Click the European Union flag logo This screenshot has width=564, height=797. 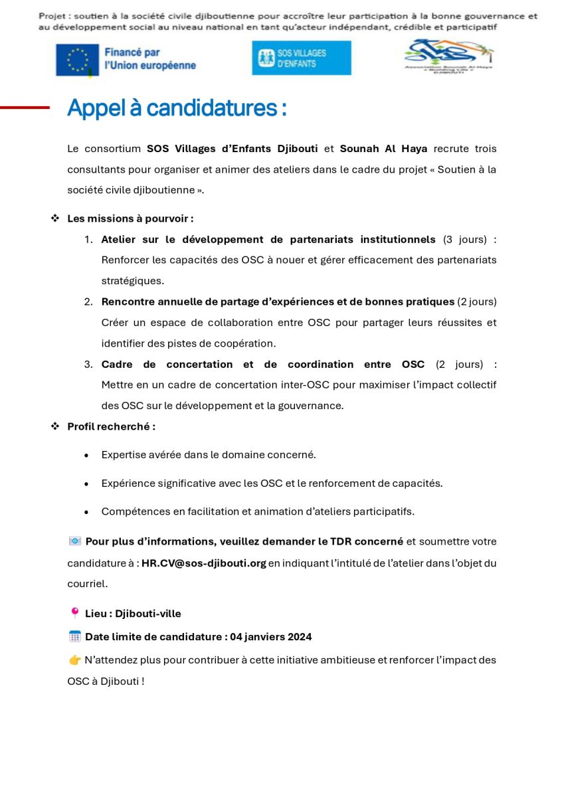78,59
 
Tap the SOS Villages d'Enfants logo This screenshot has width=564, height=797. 302,58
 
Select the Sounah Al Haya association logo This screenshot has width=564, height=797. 449,57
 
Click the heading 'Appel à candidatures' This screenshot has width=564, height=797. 177,108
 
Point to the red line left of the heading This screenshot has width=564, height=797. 25,107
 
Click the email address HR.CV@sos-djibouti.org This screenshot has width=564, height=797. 204,563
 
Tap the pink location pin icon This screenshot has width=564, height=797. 74,613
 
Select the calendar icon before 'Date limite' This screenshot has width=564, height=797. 75,636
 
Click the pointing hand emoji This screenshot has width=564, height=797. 74,660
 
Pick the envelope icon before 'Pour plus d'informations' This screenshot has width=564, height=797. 75,541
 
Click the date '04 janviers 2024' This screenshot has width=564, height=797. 271,637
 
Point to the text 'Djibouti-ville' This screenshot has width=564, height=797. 148,614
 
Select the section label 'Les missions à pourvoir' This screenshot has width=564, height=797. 130,219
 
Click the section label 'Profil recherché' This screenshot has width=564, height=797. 111,426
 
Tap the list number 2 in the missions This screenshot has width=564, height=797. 88,302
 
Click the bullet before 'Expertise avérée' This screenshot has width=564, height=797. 87,456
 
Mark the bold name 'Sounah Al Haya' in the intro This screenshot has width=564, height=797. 383,149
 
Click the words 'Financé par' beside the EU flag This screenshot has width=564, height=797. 132,52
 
